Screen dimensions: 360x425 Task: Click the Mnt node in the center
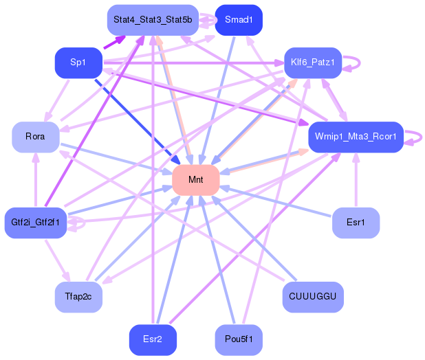(x=195, y=180)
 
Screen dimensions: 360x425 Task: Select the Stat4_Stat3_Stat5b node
(x=153, y=20)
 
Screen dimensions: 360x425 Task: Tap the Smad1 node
(x=239, y=20)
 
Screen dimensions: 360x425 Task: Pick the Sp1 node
(x=78, y=63)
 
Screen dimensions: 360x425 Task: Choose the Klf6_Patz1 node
(x=312, y=63)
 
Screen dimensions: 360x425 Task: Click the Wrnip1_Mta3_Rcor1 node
(x=355, y=137)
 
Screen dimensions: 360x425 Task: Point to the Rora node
(x=35, y=137)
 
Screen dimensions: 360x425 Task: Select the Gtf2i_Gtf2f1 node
(x=35, y=223)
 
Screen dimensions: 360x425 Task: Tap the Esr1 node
(x=356, y=223)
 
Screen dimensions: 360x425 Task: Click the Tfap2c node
(x=78, y=296)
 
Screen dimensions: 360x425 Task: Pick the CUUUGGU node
(x=312, y=296)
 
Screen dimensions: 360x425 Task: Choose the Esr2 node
(x=153, y=339)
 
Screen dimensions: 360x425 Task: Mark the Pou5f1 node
(x=239, y=339)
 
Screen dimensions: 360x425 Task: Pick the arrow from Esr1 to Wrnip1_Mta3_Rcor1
(x=356, y=180)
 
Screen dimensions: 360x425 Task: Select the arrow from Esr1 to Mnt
(x=275, y=201)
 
